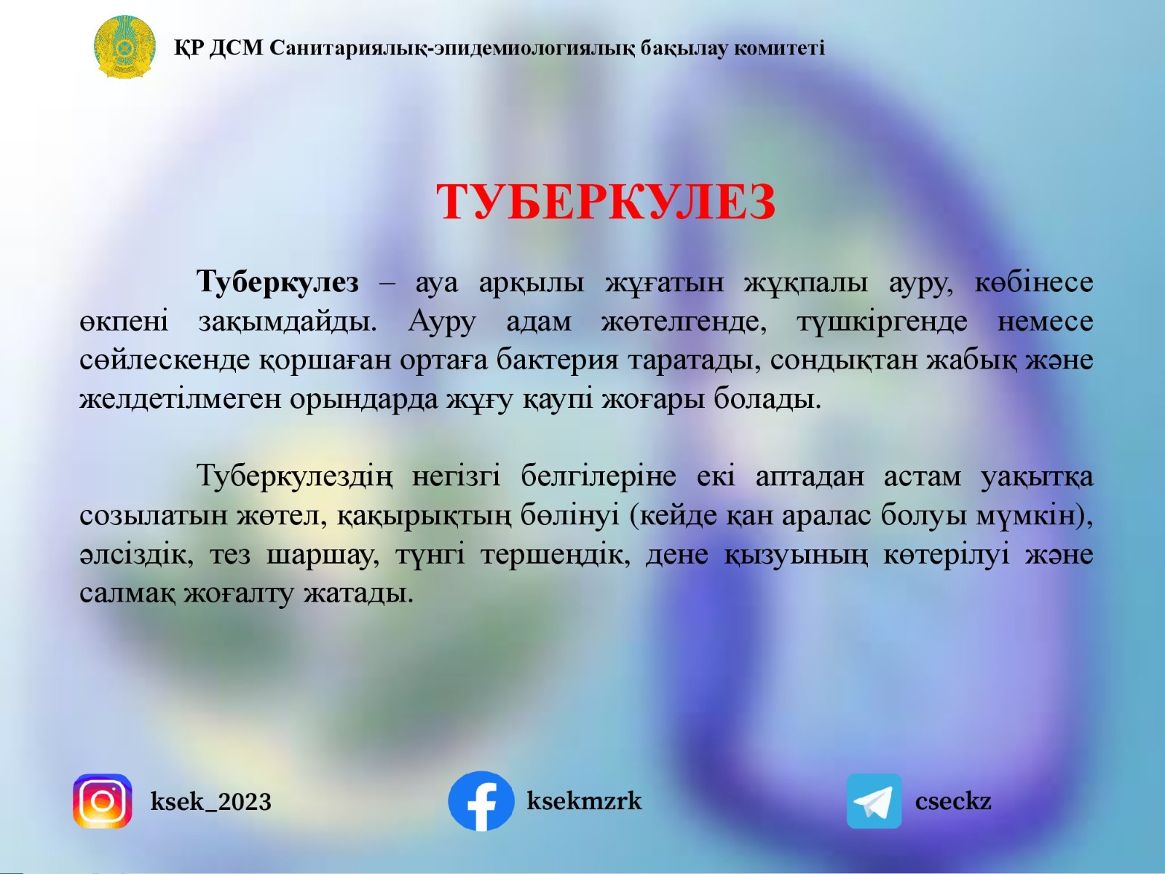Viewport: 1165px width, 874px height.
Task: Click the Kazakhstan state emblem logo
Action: [x=125, y=47]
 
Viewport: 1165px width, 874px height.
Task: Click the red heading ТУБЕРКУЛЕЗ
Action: [x=606, y=202]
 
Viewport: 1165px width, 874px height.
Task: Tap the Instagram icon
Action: [x=103, y=801]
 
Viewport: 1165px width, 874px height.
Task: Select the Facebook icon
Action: [x=481, y=801]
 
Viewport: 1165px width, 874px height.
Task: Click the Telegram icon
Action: [x=874, y=801]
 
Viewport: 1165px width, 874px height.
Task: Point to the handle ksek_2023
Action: [x=210, y=802]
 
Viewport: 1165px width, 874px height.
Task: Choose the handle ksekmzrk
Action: [x=584, y=801]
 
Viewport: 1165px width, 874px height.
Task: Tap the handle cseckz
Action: [x=952, y=801]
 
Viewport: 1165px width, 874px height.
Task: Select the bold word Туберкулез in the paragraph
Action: [x=277, y=282]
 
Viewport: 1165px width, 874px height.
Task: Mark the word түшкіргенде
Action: [x=882, y=321]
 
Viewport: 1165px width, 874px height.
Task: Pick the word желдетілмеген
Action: [x=180, y=399]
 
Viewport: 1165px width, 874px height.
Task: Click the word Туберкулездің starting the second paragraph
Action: [x=294, y=476]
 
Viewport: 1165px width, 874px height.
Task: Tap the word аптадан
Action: [x=810, y=476]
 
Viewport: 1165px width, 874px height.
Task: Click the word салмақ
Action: [x=127, y=594]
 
